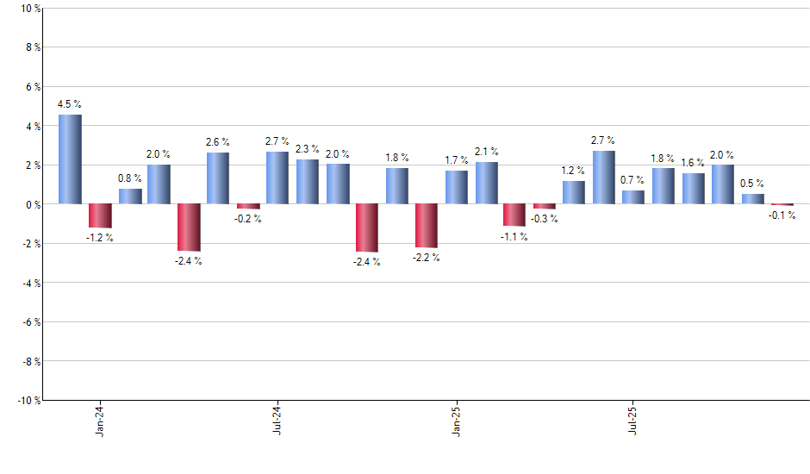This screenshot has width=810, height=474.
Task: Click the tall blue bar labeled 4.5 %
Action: (x=70, y=159)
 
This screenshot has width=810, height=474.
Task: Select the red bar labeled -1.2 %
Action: (x=100, y=215)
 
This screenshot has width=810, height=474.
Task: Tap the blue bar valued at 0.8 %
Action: (x=130, y=196)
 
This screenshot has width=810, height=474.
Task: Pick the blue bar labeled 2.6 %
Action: (x=218, y=178)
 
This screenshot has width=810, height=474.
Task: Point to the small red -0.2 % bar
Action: (x=248, y=206)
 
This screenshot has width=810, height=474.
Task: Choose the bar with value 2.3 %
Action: (x=308, y=182)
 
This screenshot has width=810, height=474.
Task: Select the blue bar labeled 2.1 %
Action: (x=486, y=183)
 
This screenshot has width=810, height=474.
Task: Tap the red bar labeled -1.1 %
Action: (x=514, y=215)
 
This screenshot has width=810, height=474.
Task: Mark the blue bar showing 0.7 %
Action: (x=632, y=197)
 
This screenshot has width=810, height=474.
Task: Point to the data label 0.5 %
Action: (x=752, y=184)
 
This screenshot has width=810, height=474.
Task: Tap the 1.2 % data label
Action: (x=574, y=171)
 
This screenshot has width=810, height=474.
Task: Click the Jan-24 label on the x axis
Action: (x=100, y=420)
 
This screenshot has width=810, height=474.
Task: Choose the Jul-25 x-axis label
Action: (x=633, y=420)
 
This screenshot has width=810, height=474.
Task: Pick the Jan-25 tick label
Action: (x=456, y=420)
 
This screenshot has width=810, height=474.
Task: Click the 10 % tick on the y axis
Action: (x=30, y=9)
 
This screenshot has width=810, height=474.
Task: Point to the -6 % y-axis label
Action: (x=30, y=322)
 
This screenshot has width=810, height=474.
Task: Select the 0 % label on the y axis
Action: (x=33, y=204)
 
